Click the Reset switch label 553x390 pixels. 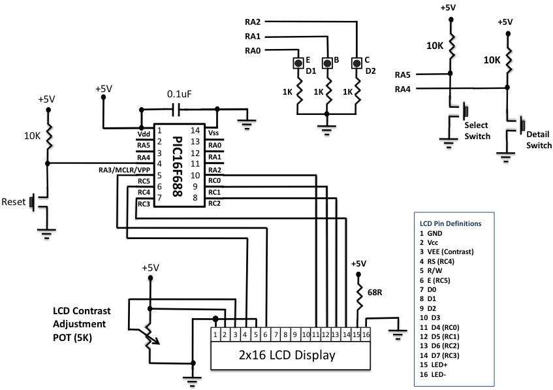(x=13, y=201)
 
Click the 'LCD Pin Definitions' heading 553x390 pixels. (x=450, y=223)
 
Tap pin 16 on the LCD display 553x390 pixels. (x=367, y=334)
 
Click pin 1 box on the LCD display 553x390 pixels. (x=215, y=334)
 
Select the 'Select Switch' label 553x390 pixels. (x=477, y=131)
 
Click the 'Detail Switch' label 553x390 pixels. (x=539, y=140)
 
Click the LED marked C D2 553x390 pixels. (x=356, y=63)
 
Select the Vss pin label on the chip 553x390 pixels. (x=213, y=133)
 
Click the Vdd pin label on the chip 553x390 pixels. (x=144, y=133)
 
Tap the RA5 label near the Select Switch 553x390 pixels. (x=403, y=74)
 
